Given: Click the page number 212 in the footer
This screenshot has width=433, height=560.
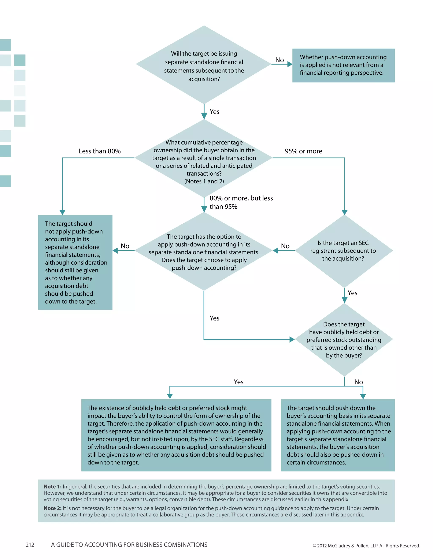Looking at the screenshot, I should pyautogui.click(x=30, y=545).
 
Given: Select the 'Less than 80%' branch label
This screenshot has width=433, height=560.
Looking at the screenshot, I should pyautogui.click(x=100, y=151).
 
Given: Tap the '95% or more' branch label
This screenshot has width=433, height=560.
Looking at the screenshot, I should pyautogui.click(x=303, y=151).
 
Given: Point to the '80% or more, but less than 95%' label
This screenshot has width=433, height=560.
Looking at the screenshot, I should pyautogui.click(x=241, y=202).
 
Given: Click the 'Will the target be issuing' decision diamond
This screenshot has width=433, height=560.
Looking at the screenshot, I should pyautogui.click(x=204, y=65).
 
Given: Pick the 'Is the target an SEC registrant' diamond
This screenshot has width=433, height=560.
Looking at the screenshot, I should pyautogui.click(x=344, y=251).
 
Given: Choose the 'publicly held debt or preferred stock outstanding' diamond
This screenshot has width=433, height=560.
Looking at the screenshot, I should pyautogui.click(x=344, y=340).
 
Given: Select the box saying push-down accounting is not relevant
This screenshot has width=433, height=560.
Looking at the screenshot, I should pyautogui.click(x=343, y=65).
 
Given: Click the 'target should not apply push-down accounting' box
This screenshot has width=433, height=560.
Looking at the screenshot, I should pyautogui.click(x=75, y=262).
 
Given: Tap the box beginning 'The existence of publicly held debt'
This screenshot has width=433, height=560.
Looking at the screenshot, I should pyautogui.click(x=176, y=435).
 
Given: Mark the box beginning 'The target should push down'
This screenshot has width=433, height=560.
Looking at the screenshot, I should pyautogui.click(x=338, y=435).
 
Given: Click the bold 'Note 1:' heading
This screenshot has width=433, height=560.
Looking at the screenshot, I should pyautogui.click(x=53, y=486).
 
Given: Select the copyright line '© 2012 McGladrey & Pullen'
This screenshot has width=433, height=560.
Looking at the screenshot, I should pyautogui.click(x=366, y=546).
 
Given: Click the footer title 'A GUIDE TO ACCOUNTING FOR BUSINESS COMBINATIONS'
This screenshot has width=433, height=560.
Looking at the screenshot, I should pyautogui.click(x=129, y=545).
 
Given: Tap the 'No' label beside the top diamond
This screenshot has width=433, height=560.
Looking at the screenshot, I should pyautogui.click(x=279, y=60).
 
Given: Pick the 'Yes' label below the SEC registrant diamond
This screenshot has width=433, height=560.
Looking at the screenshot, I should pyautogui.click(x=352, y=293).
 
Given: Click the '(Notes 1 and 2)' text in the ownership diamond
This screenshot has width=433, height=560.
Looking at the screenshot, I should pyautogui.click(x=204, y=181).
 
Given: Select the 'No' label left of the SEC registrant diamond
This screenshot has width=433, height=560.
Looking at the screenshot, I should pyautogui.click(x=285, y=246).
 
